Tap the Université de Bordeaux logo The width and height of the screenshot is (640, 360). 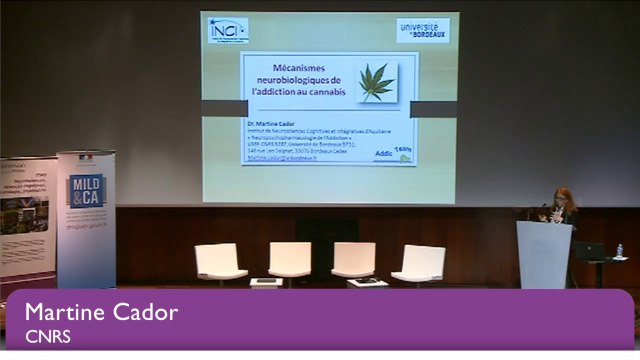coord(422,30)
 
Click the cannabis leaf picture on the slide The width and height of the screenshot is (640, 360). coord(376,82)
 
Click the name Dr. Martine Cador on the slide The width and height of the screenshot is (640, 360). coord(271,124)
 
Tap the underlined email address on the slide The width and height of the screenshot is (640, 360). coord(279,158)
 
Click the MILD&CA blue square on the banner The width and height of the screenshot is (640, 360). coord(86,191)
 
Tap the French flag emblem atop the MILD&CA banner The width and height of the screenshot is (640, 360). coord(85,158)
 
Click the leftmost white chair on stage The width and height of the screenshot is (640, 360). coord(220,262)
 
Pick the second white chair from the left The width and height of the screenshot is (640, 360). coord(290,260)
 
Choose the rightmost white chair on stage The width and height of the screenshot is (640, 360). coord(419,263)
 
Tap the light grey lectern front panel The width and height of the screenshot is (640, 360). coord(544,255)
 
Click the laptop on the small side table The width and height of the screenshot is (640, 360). coord(590,251)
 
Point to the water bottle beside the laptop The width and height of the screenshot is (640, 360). coord(619,250)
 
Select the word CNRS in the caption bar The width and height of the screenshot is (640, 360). coord(46,336)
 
